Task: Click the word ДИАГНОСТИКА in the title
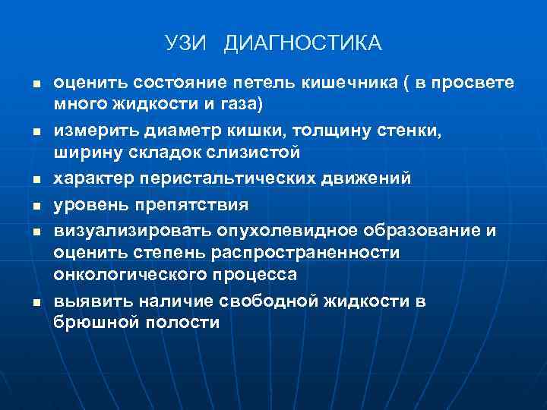click(x=303, y=43)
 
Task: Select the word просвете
click(x=473, y=81)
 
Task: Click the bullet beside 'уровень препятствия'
click(x=35, y=206)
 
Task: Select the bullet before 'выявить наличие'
click(x=35, y=302)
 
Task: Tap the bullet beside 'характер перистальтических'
click(x=35, y=180)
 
